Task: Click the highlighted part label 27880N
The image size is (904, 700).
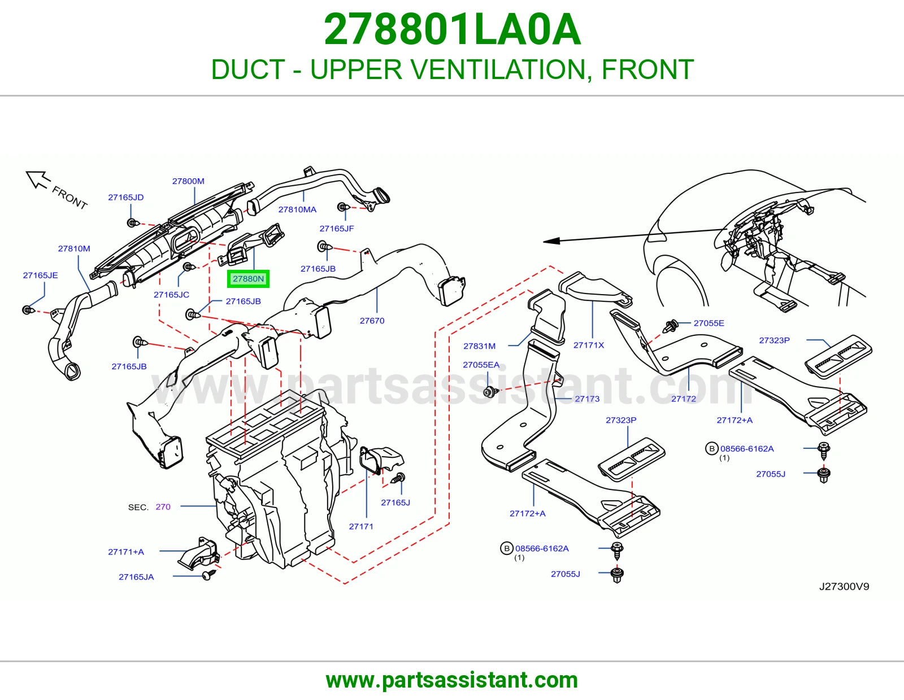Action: [248, 278]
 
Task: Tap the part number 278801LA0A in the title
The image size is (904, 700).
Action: [452, 29]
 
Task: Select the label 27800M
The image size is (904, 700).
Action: [188, 181]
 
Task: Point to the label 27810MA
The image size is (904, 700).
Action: [297, 209]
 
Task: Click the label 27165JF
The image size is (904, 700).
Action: [337, 228]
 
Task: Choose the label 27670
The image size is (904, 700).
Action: [372, 321]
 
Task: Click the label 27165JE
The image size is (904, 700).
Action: [40, 275]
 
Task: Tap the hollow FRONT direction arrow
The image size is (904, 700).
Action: [37, 180]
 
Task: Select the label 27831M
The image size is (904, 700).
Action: [479, 346]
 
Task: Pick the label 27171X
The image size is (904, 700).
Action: [588, 345]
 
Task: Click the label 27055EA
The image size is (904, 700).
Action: [481, 365]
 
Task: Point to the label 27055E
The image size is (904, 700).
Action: [709, 323]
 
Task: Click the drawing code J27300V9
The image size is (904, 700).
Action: [844, 586]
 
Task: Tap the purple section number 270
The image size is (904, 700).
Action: [163, 507]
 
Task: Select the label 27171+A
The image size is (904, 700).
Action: [125, 552]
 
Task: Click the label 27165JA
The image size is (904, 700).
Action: [136, 576]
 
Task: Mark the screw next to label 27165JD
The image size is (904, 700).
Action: [133, 223]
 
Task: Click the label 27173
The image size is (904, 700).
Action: [587, 399]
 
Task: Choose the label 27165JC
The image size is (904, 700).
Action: [171, 294]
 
